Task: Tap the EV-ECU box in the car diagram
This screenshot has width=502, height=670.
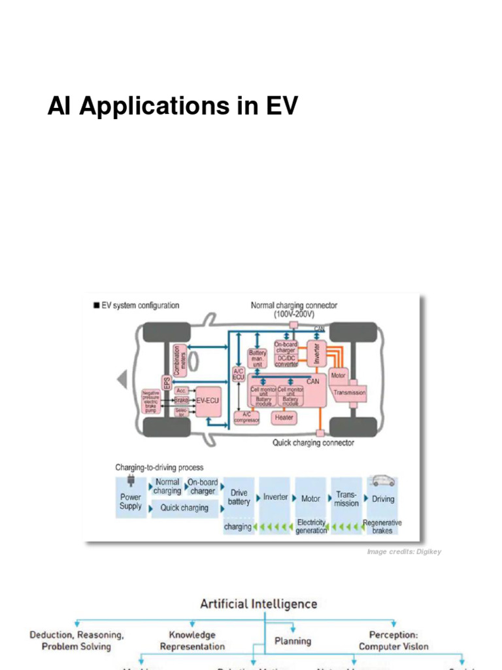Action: pyautogui.click(x=209, y=399)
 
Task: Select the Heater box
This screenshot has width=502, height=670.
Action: pyautogui.click(x=284, y=417)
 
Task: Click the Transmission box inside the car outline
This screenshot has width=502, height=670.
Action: pyautogui.click(x=350, y=393)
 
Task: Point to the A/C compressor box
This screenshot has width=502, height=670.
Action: pyautogui.click(x=247, y=417)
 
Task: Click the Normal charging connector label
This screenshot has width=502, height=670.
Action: pyautogui.click(x=294, y=309)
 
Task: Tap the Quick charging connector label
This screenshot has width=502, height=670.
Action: pyautogui.click(x=313, y=443)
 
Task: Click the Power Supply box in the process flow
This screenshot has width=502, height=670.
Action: pyautogui.click(x=131, y=501)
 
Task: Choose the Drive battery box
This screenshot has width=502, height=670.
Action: pyautogui.click(x=239, y=497)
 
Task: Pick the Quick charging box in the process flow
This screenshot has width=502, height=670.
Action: pyautogui.click(x=185, y=508)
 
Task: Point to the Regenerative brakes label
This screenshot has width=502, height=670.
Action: pyautogui.click(x=382, y=527)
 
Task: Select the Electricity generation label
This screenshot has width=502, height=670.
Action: pyautogui.click(x=311, y=527)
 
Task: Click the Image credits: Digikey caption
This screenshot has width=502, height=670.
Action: pyautogui.click(x=404, y=552)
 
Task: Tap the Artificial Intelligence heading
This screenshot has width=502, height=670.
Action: pyautogui.click(x=258, y=604)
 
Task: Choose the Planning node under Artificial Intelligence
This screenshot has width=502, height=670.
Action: pyautogui.click(x=292, y=641)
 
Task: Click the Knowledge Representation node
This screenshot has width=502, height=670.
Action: pyautogui.click(x=192, y=641)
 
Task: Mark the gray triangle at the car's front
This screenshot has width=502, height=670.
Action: pyautogui.click(x=121, y=379)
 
